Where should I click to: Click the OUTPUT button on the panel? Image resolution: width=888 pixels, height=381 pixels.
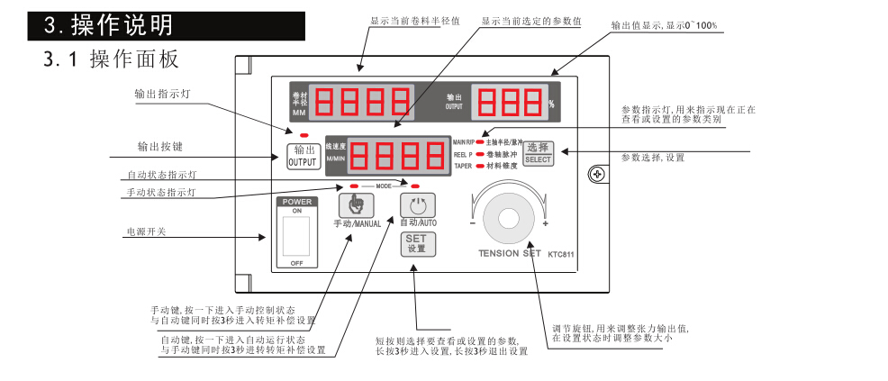point(303,156)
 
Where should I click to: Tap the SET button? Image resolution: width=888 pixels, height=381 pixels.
point(416,243)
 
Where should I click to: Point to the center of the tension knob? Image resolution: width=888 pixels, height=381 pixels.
point(507,218)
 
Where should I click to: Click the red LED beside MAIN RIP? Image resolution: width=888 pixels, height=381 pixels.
point(480,142)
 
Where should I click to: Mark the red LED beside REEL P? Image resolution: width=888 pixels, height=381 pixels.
point(480,154)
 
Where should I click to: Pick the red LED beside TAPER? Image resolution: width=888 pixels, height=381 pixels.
point(480,166)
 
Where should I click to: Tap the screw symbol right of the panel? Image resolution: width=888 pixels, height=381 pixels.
point(595,174)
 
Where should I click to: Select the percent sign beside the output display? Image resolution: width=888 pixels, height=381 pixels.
point(551,104)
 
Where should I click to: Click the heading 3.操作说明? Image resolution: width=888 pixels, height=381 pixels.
point(111,25)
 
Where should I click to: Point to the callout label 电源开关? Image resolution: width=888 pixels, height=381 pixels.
point(145,232)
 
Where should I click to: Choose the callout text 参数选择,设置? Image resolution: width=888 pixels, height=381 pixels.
point(653,158)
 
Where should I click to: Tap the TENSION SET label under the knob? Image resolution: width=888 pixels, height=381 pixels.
point(510,254)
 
